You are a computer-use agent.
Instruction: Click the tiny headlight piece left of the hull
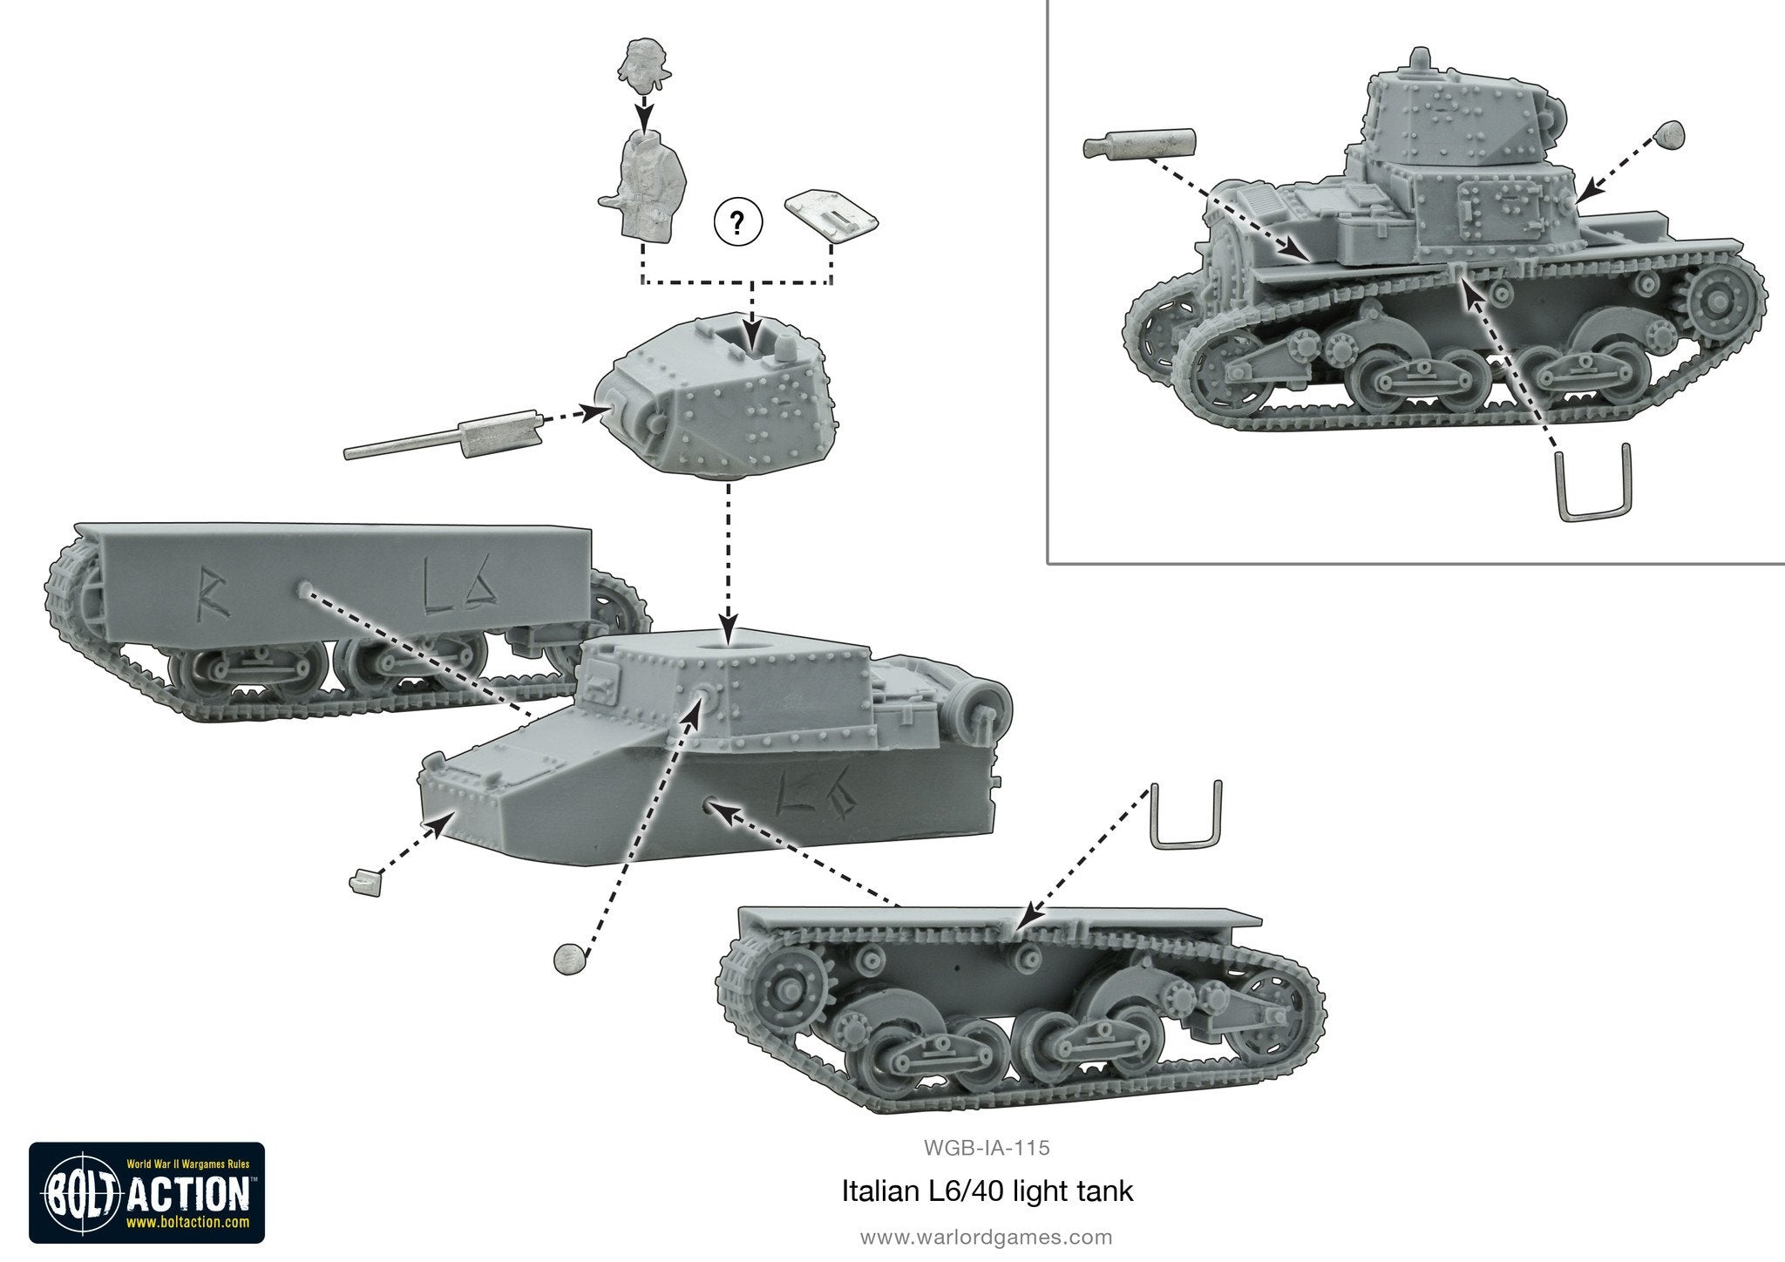coord(364,883)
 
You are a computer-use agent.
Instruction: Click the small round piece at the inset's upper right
coord(1669,133)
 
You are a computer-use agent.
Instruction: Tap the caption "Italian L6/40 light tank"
coord(988,1191)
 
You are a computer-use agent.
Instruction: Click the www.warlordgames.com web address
coord(987,1237)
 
